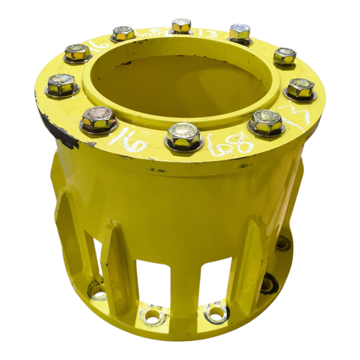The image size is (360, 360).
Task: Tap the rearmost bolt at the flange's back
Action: click(x=181, y=26)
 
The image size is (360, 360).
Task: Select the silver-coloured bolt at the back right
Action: click(x=240, y=32)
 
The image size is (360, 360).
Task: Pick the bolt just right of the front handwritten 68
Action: click(x=266, y=122)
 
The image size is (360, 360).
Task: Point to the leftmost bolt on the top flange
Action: click(x=62, y=85)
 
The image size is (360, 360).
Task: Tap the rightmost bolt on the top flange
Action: click(x=300, y=88)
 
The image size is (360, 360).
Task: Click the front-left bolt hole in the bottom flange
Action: click(x=152, y=314)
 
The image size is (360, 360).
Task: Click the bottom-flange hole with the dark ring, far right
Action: click(x=268, y=285)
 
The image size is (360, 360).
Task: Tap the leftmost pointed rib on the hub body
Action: click(x=67, y=225)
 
